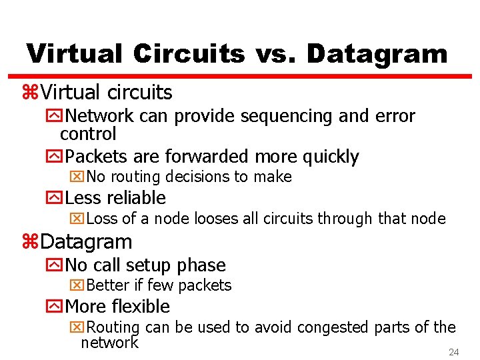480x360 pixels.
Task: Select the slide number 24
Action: pos(454,351)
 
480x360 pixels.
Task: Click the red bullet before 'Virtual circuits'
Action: pos(31,93)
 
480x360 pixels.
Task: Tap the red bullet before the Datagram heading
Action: pos(31,242)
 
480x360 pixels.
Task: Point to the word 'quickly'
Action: pos(331,157)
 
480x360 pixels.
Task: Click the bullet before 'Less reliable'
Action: pos(53,198)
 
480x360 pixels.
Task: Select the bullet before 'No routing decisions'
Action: pos(77,177)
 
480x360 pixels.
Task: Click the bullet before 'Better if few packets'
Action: pos(77,286)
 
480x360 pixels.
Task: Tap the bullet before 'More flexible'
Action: pos(53,307)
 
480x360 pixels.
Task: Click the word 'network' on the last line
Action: pos(109,343)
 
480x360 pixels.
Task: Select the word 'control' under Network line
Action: pos(88,134)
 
